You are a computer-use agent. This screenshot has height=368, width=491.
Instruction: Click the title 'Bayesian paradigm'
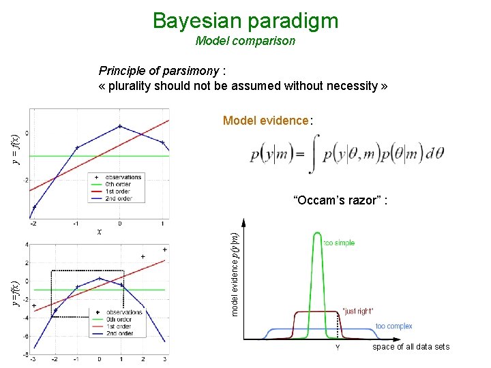[245, 20]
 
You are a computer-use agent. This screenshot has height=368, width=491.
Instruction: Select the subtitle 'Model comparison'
[245, 41]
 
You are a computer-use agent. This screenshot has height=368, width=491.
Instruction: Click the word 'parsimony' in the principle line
[191, 71]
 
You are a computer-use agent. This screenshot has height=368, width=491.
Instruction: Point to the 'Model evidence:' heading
[267, 121]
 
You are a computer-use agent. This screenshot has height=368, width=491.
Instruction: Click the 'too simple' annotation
[339, 243]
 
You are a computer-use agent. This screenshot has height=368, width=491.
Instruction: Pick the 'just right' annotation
[357, 311]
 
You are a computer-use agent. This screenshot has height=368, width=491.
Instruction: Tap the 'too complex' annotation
[393, 326]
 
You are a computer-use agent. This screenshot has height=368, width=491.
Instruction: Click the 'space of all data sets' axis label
[411, 347]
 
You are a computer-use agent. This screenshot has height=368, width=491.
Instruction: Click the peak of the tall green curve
[317, 234]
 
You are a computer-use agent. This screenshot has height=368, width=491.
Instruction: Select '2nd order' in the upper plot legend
[120, 199]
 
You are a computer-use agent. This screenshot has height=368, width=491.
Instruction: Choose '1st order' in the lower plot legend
[119, 326]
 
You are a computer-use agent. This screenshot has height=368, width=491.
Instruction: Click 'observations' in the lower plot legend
[124, 312]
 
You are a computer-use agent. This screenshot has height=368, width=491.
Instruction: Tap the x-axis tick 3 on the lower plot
[164, 359]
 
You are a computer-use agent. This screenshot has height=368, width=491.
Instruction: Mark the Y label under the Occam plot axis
[337, 348]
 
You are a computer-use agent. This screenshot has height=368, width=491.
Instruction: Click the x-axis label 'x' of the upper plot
[100, 232]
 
